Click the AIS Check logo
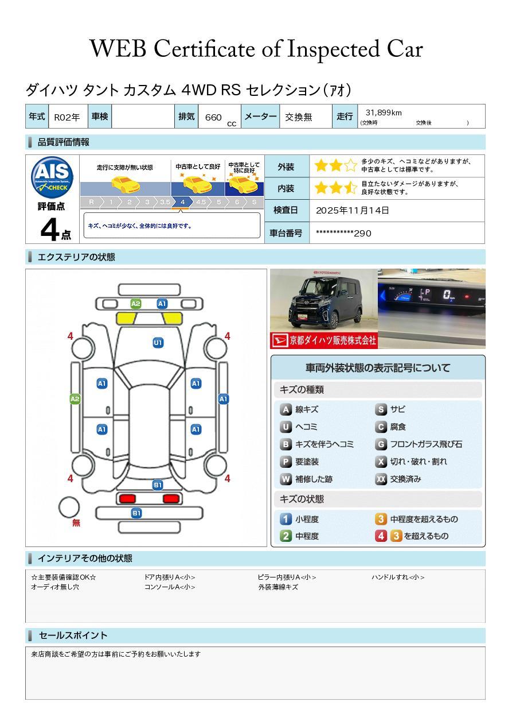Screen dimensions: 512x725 point(52,178)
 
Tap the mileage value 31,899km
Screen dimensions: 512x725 point(384,113)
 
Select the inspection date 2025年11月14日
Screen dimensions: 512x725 point(352,210)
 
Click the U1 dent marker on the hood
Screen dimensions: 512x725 point(158,343)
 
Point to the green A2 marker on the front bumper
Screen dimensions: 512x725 point(136,304)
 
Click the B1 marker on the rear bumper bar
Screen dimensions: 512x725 point(136,513)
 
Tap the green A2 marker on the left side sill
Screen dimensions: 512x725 point(75,399)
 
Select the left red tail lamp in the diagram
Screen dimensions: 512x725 point(127,498)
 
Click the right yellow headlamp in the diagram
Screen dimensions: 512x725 point(173,319)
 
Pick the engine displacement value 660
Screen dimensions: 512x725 point(213,117)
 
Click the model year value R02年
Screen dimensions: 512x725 point(67,117)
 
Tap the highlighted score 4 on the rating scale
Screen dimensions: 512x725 point(182,202)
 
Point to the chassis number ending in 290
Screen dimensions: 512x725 point(343,233)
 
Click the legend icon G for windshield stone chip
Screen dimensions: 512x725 point(381,444)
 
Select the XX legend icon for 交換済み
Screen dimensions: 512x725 point(381,479)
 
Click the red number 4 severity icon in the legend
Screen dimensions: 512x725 point(381,536)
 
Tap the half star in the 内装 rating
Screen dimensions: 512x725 point(350,188)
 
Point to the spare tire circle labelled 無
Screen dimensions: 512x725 point(69,507)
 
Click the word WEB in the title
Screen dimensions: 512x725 point(118,49)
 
